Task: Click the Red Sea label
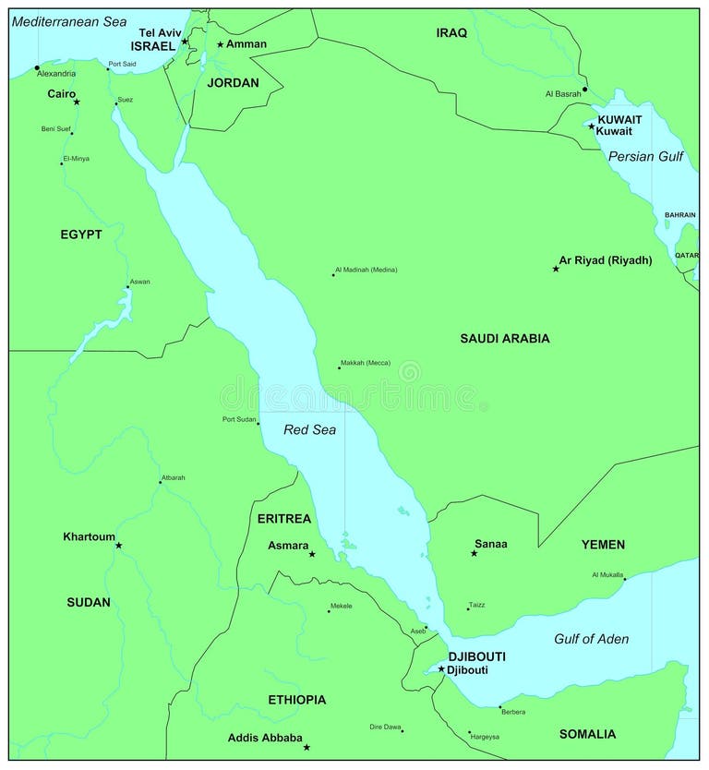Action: tap(309, 429)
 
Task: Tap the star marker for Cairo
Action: tap(77, 102)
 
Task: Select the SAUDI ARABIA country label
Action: tap(504, 339)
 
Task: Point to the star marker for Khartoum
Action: tap(118, 546)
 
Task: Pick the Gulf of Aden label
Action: tap(591, 639)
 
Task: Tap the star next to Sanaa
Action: tap(474, 553)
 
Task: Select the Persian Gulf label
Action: tap(645, 157)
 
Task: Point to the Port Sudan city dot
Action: tap(258, 424)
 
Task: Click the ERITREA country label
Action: tap(284, 519)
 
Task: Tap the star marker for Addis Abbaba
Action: tap(306, 747)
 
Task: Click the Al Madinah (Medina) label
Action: tap(367, 270)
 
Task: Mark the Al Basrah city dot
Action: tap(584, 90)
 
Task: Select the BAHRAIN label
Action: tap(679, 215)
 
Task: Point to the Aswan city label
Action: tap(139, 282)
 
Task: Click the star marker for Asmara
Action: tap(312, 554)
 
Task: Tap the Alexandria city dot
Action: tap(37, 67)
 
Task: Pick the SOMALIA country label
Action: tap(587, 734)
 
